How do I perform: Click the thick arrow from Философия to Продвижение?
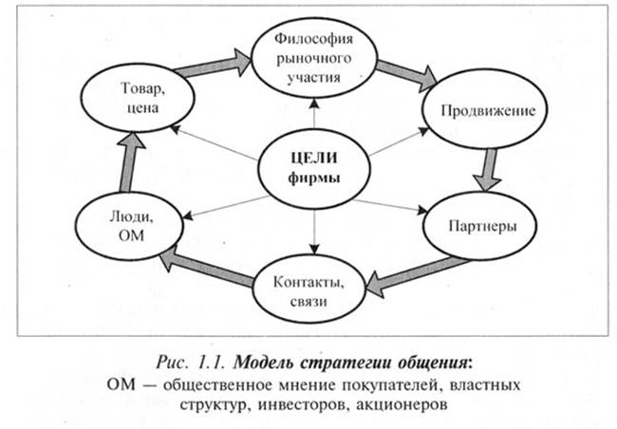pos(404,70)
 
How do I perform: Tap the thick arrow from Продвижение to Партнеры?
pos(490,169)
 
